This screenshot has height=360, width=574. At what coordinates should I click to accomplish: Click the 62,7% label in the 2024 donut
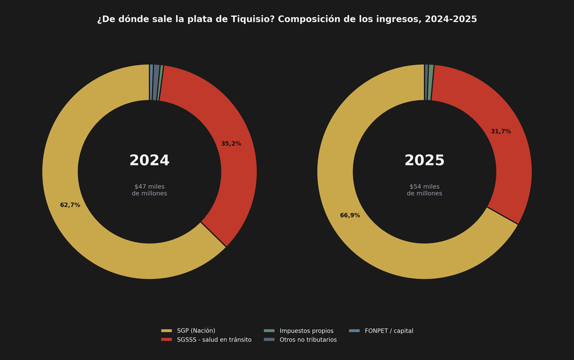click(70, 205)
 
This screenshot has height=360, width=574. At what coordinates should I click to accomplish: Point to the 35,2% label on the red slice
click(231, 144)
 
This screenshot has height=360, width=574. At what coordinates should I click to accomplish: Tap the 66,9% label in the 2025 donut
click(350, 215)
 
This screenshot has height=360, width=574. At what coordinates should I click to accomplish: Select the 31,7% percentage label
click(501, 131)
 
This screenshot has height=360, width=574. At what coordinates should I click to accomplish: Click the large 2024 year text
click(149, 160)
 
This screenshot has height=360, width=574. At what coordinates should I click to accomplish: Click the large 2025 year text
click(424, 160)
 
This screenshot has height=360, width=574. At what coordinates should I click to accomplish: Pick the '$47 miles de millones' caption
click(149, 190)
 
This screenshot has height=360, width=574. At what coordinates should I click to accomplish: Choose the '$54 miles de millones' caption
click(424, 190)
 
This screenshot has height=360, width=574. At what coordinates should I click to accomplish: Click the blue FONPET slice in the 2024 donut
click(151, 82)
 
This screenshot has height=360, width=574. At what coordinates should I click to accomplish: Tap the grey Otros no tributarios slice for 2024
click(156, 82)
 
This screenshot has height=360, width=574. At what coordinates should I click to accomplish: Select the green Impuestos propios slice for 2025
click(430, 82)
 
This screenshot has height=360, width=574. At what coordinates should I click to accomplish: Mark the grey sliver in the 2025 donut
click(426, 82)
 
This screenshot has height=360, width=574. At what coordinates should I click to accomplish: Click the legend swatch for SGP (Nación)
click(166, 331)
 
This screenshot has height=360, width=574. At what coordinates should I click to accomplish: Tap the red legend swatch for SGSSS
click(166, 339)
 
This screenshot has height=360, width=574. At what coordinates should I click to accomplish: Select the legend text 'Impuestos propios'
click(307, 331)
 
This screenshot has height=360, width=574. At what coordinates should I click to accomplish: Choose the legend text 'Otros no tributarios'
click(308, 339)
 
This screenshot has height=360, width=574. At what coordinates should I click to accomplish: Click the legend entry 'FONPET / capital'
click(389, 331)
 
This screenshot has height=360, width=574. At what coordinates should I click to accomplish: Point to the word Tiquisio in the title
click(253, 19)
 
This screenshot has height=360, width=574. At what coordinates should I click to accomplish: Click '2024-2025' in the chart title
click(451, 19)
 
